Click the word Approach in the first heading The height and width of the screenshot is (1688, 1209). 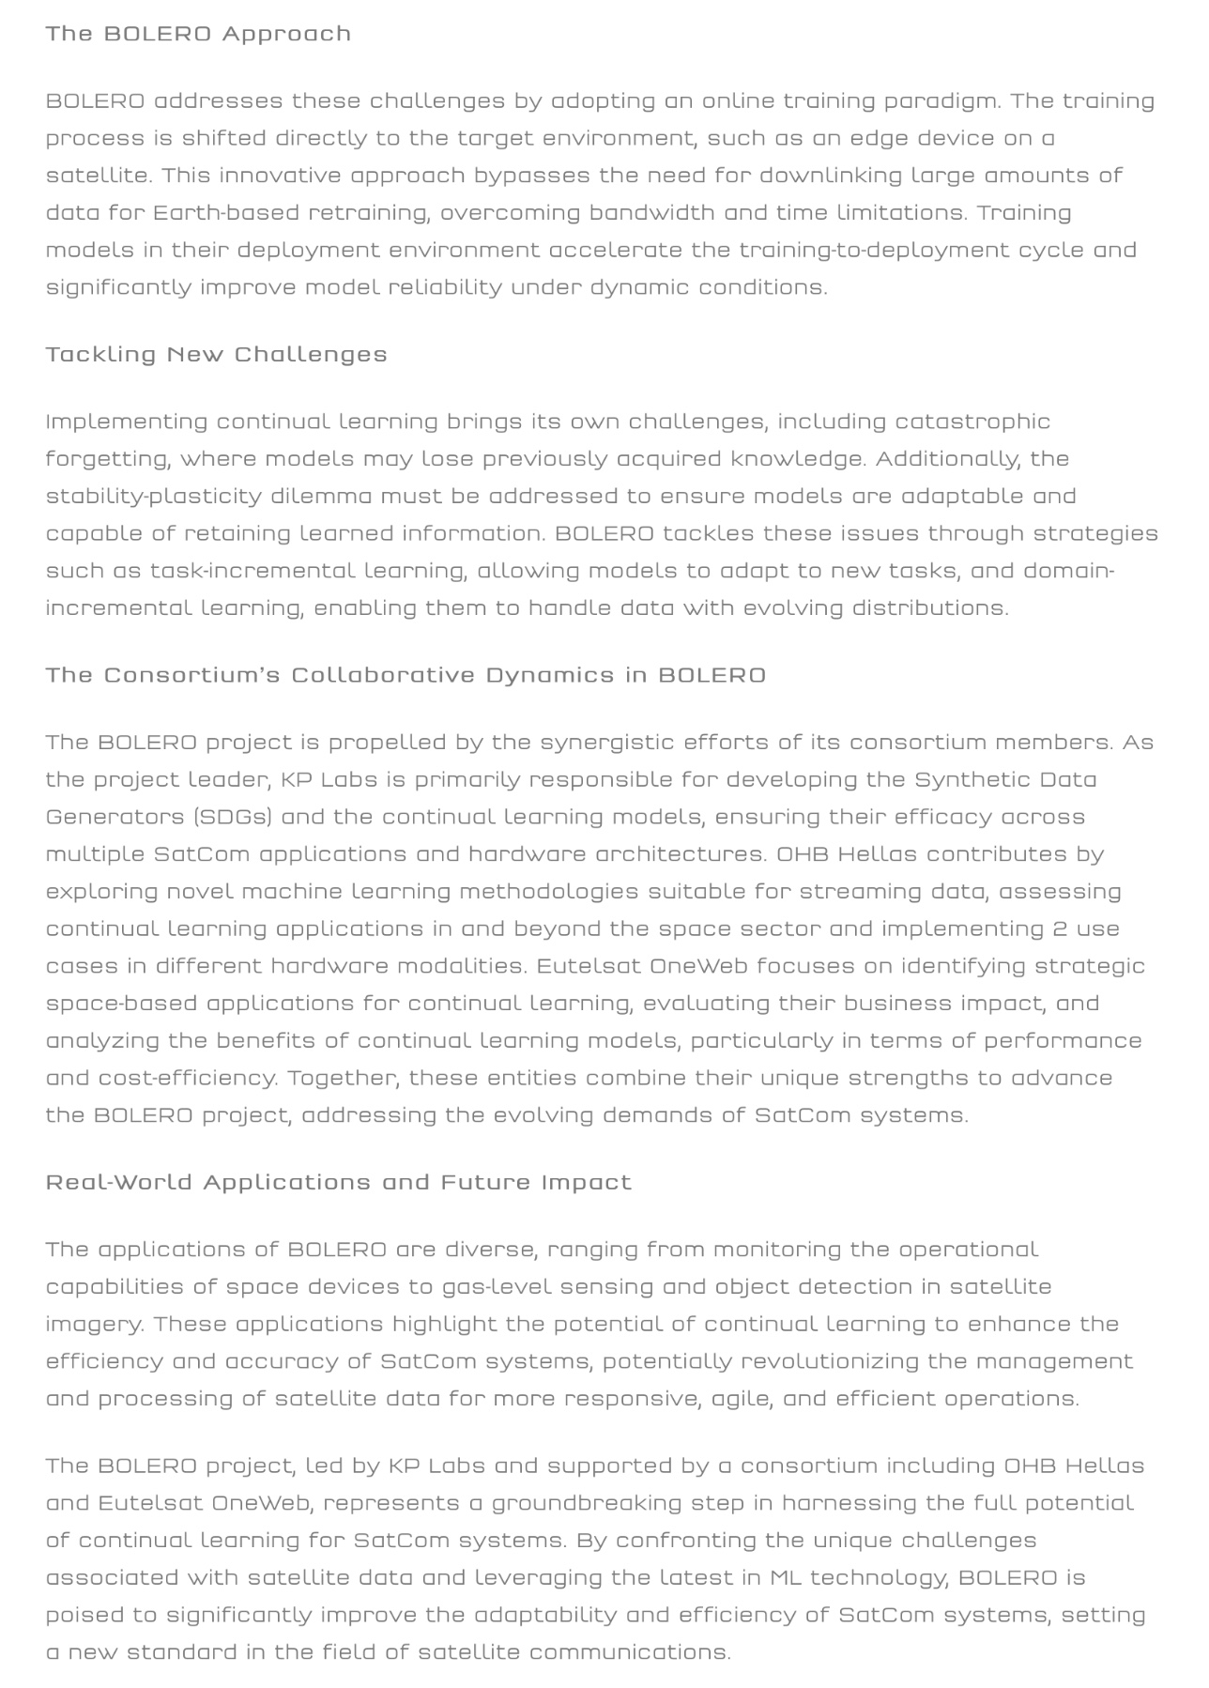coord(286,34)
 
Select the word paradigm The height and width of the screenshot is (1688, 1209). coord(940,101)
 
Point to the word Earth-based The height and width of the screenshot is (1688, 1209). coord(225,213)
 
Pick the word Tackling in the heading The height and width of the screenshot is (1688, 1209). coord(101,355)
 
